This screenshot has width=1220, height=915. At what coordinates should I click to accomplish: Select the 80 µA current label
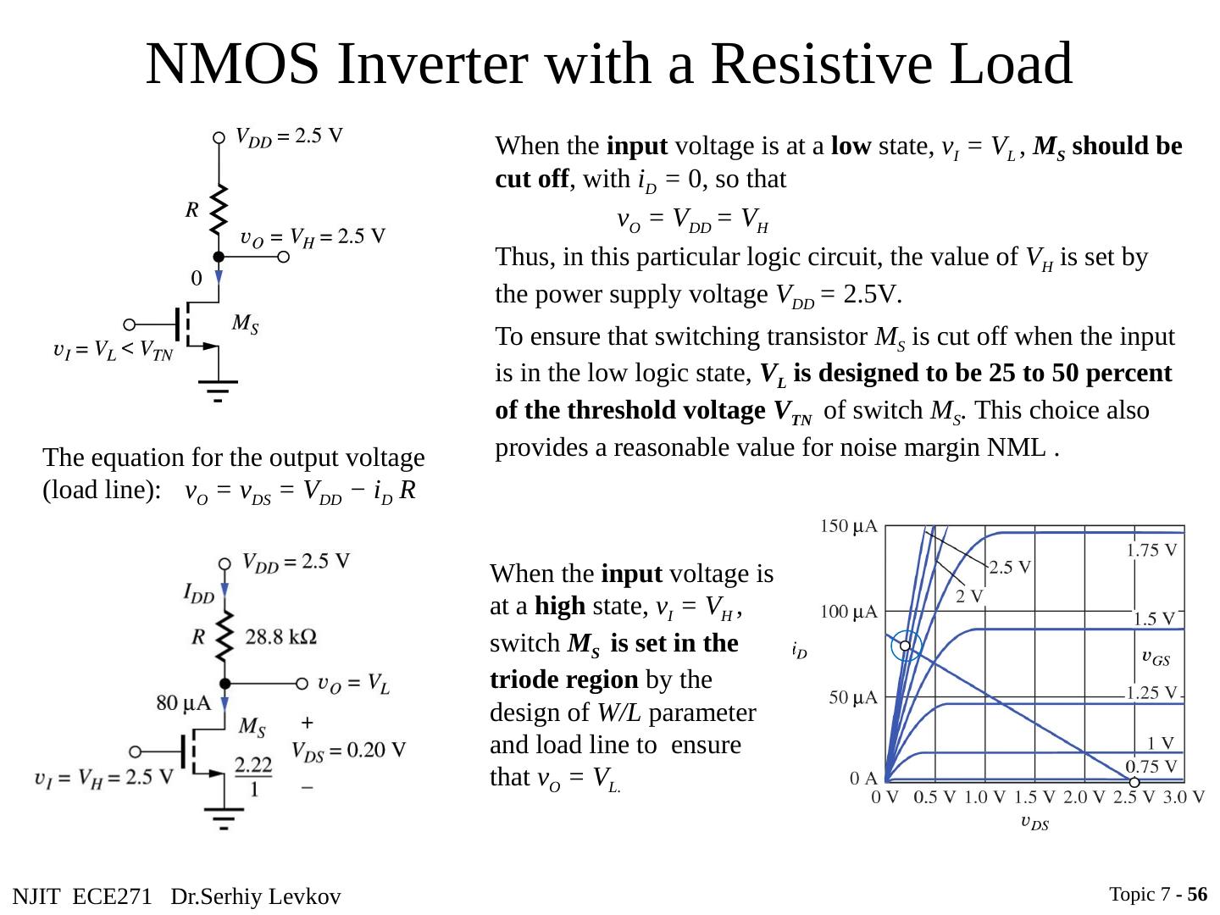point(184,701)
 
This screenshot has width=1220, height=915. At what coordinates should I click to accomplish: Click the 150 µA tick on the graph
point(849,527)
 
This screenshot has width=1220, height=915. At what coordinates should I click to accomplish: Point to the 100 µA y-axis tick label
point(849,611)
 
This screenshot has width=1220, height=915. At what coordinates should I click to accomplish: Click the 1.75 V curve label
point(1151,550)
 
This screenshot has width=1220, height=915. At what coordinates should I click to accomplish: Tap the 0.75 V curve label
point(1151,765)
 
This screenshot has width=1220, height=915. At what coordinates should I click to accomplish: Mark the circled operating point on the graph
point(905,646)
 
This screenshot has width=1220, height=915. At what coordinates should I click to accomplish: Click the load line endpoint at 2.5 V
point(1134,781)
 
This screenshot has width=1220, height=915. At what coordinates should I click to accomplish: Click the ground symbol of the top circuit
point(219,391)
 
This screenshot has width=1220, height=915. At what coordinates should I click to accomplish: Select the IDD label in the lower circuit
point(199,593)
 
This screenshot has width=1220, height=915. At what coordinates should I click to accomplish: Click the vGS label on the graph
point(1156,657)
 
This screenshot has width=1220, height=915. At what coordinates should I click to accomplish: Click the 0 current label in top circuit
point(197,278)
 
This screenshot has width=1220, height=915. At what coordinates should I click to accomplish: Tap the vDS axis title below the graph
point(1034,821)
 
